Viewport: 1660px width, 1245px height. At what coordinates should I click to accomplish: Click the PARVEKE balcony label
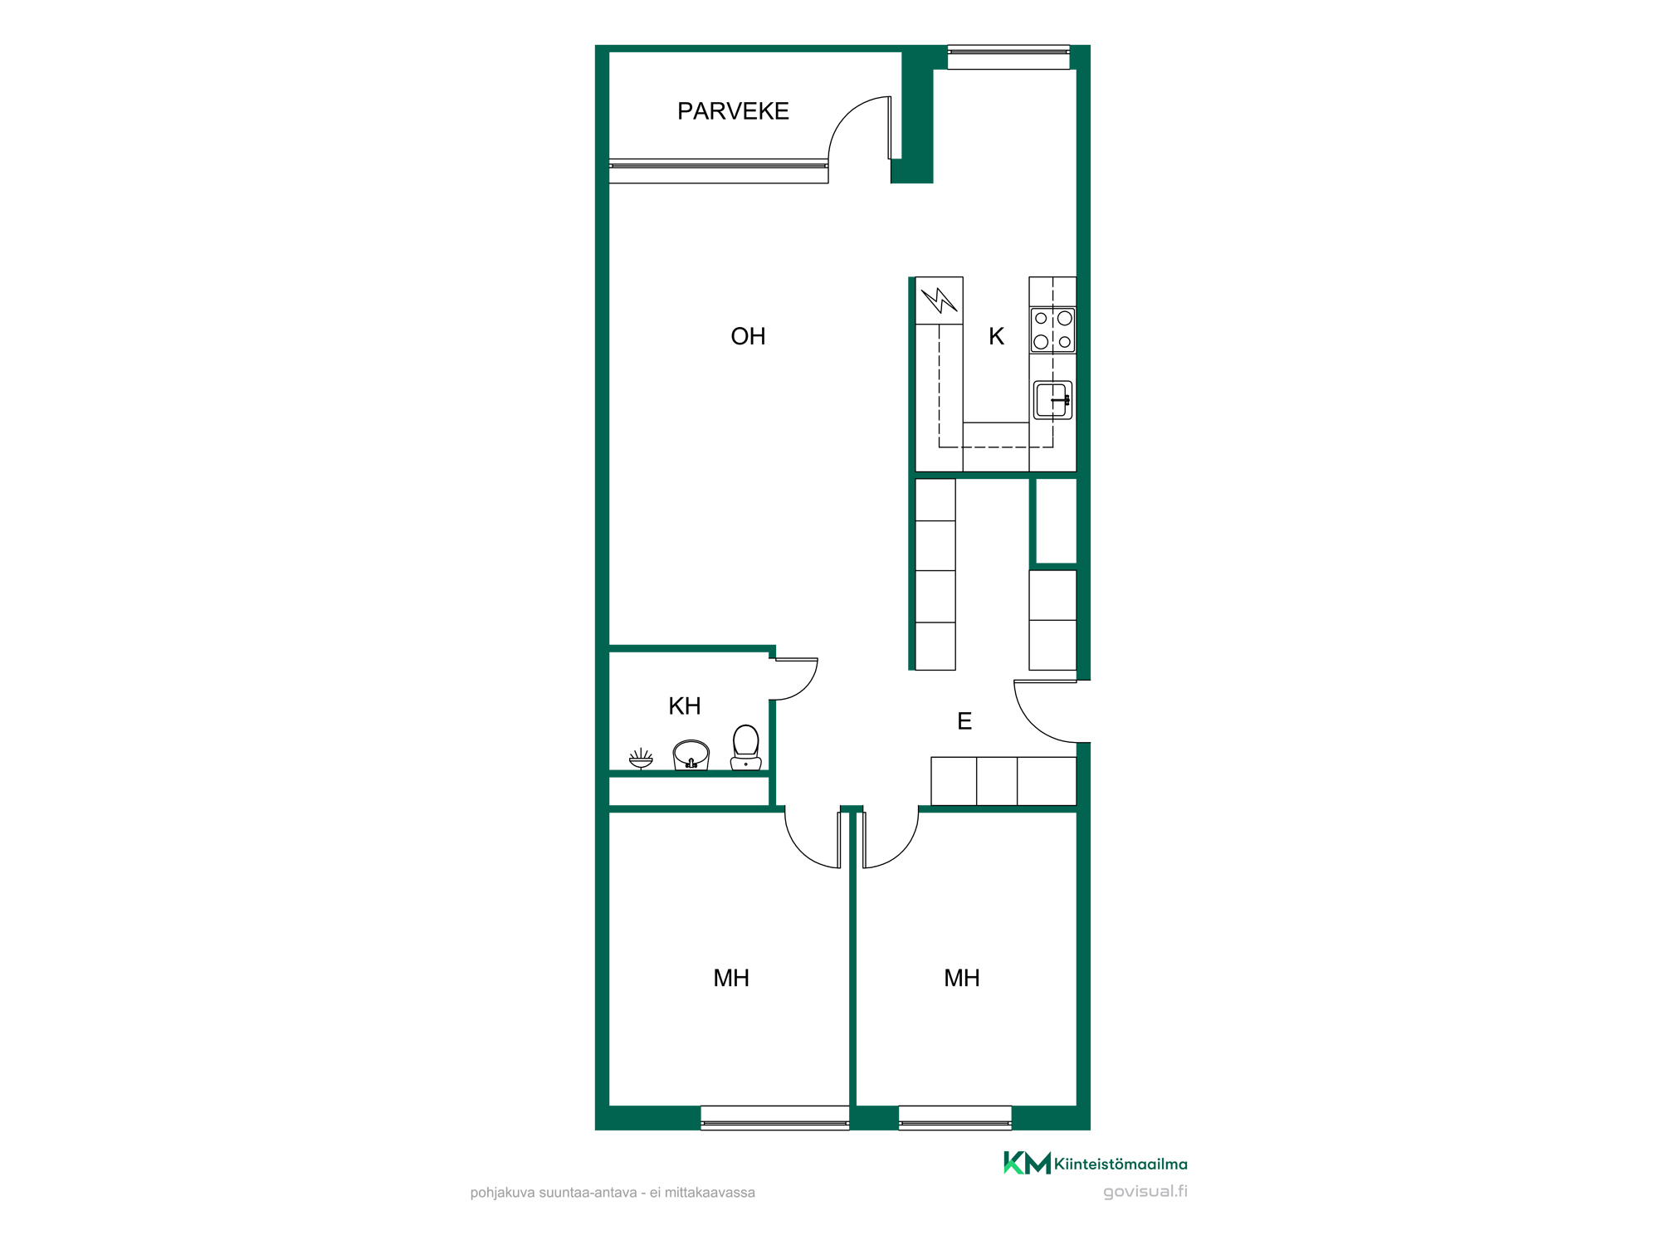tap(733, 111)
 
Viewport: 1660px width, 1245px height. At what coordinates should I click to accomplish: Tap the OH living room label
tap(748, 336)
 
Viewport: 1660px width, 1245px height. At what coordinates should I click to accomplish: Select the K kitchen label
tap(996, 336)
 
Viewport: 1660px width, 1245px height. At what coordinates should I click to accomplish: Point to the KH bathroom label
tap(685, 706)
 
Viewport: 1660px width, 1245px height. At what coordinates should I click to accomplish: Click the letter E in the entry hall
tap(964, 721)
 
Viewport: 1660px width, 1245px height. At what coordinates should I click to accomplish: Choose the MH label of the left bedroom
tap(731, 979)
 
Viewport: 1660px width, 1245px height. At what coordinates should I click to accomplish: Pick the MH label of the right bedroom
tap(962, 979)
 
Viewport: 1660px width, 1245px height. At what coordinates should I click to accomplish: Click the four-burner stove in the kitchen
tap(1052, 330)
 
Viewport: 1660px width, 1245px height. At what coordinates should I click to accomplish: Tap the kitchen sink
tap(1052, 400)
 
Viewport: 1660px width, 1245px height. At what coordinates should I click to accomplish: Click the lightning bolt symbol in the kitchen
tap(940, 300)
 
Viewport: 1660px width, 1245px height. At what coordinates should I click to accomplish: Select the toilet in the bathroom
tap(745, 748)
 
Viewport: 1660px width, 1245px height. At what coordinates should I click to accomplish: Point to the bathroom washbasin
tap(691, 755)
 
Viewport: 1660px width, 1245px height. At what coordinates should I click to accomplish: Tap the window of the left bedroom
tap(775, 1118)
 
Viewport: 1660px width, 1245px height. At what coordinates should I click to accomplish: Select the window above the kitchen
tap(1008, 57)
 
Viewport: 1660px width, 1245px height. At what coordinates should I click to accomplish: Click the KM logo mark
tap(1027, 1163)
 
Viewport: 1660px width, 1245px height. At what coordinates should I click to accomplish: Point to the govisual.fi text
tap(1145, 1192)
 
